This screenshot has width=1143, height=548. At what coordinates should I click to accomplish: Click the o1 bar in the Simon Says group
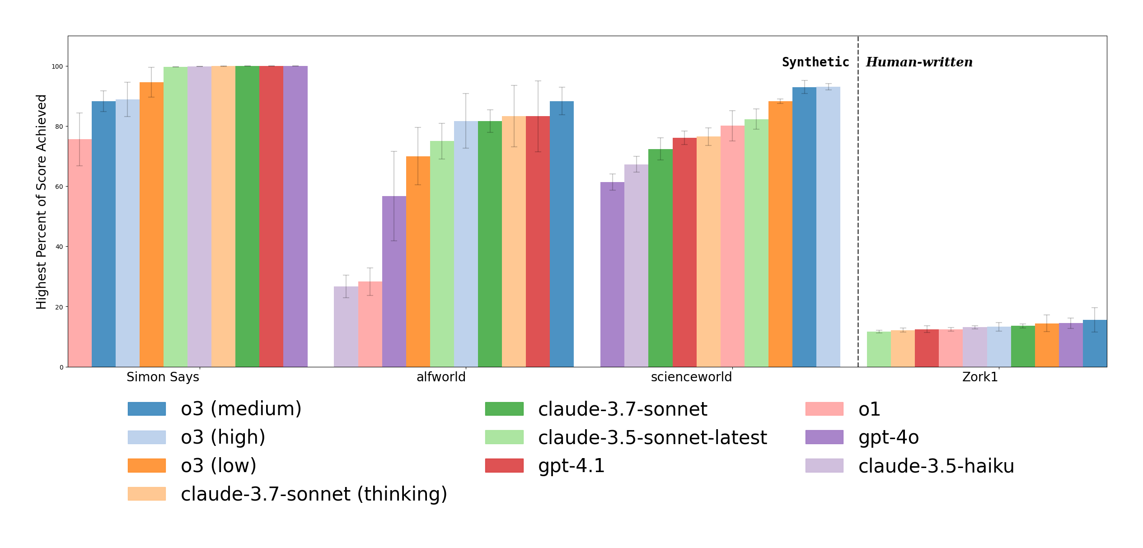click(x=80, y=253)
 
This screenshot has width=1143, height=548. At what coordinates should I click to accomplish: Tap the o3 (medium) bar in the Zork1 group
click(x=1095, y=343)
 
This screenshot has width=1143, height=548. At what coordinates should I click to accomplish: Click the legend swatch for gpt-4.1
click(x=504, y=466)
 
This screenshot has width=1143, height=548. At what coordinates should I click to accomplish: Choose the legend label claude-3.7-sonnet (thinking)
click(x=314, y=494)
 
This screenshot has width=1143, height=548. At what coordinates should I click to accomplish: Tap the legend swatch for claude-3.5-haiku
click(x=824, y=466)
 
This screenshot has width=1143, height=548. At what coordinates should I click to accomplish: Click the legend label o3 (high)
click(x=223, y=437)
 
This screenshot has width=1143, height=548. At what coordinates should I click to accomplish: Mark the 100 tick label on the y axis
click(x=57, y=66)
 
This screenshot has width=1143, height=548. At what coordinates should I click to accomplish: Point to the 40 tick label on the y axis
click(x=59, y=247)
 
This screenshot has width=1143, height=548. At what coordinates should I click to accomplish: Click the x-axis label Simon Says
click(x=163, y=377)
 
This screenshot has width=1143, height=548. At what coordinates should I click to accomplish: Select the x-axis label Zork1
click(x=980, y=377)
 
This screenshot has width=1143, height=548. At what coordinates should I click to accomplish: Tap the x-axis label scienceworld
click(x=691, y=377)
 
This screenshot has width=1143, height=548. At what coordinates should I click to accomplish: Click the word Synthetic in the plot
click(x=815, y=62)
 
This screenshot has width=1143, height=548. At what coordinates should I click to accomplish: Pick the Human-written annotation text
click(x=919, y=62)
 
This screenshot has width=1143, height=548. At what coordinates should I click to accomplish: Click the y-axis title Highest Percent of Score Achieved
click(x=42, y=201)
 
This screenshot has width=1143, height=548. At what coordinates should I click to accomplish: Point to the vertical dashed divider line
click(x=858, y=203)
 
